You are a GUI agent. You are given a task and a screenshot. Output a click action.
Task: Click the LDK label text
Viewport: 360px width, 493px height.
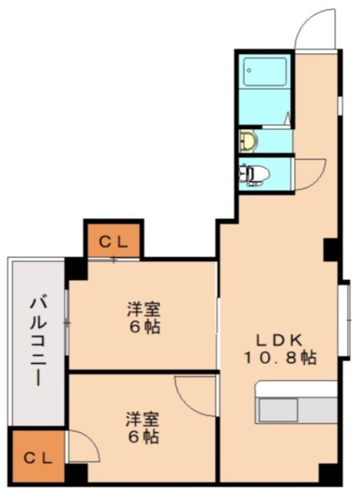tap(279, 340)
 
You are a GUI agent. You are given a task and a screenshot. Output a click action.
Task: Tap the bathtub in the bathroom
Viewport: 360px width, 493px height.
tap(265, 72)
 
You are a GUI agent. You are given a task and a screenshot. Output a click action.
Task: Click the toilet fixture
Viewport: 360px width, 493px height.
tap(254, 175)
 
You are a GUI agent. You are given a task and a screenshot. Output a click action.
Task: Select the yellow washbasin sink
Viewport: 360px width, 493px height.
tap(248, 141)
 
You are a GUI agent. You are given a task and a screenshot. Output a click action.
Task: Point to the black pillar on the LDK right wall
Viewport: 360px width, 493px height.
tap(332, 249)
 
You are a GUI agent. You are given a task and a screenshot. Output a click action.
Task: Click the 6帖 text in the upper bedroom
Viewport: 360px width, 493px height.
tap(144, 326)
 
